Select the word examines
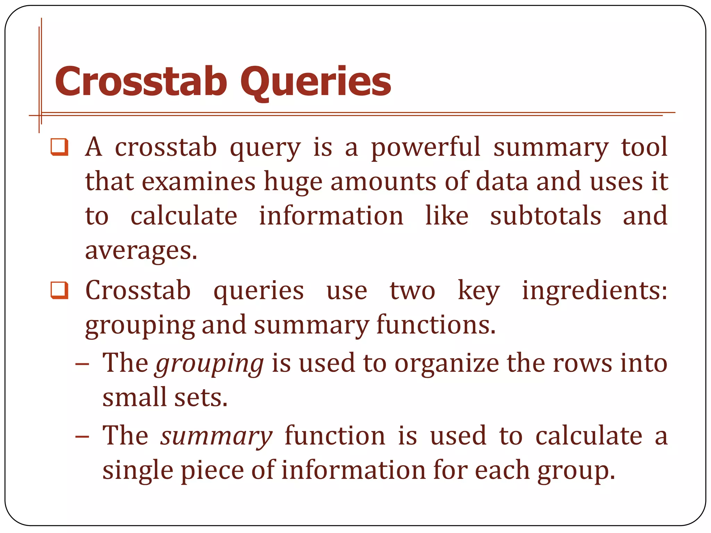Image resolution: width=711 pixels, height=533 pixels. coord(199,182)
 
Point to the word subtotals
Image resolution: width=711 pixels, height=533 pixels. coord(545,216)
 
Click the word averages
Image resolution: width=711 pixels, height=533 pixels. coord(141,251)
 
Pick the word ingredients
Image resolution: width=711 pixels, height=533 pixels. coord(594,291)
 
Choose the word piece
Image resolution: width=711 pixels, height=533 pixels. coord(212,471)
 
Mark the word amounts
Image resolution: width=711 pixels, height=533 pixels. coord(383,182)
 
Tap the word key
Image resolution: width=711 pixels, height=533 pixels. coord(479,291)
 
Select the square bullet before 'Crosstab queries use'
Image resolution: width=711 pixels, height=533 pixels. coord(59,290)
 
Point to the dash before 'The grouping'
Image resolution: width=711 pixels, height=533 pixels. coord(82,364)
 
